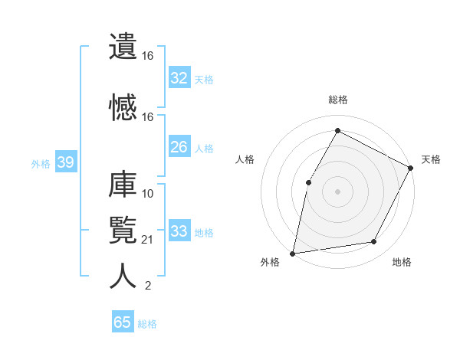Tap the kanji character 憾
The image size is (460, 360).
(123, 107)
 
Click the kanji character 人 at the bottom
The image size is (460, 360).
(123, 276)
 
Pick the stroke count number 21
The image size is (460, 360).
(147, 240)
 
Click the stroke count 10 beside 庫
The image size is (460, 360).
(147, 193)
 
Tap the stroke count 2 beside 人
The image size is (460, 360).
(147, 286)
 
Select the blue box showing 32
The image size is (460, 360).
(179, 78)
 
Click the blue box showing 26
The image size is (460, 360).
(179, 147)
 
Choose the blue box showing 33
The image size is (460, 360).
(179, 231)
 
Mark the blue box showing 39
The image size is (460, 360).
(65, 162)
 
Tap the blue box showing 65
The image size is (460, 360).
(122, 322)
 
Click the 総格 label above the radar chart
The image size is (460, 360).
(337, 100)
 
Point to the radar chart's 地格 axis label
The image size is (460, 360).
(402, 262)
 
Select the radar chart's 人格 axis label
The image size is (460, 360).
(245, 159)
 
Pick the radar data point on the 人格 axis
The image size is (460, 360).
(308, 182)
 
